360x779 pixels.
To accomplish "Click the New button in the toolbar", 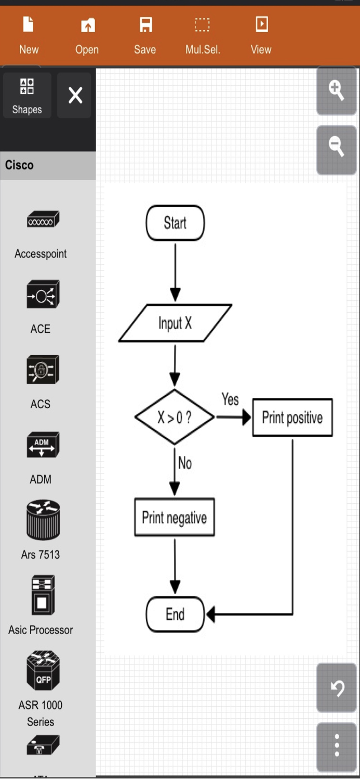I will [29, 35].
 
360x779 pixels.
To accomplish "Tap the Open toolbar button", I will [87, 35].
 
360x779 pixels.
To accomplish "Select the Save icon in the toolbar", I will [145, 35].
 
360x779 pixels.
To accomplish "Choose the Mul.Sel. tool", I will [203, 35].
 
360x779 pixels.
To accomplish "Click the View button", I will [261, 35].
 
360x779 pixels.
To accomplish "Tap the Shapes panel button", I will [27, 95].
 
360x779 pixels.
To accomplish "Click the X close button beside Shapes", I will [75, 95].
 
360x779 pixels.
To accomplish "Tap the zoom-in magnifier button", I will [336, 91].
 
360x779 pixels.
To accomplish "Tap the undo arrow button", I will [337, 688].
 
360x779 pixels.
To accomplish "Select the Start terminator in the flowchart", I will [175, 223].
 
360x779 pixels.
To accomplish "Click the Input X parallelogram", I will [175, 323].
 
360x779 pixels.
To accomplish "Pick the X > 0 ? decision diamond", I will [175, 417].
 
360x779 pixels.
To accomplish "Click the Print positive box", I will [292, 418].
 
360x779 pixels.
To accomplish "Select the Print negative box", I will [175, 517].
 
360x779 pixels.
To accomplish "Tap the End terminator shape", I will [175, 614].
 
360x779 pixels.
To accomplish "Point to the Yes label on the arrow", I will [230, 399].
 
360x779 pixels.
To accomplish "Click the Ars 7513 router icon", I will [43, 520].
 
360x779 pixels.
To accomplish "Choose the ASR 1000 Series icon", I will [43, 670].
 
